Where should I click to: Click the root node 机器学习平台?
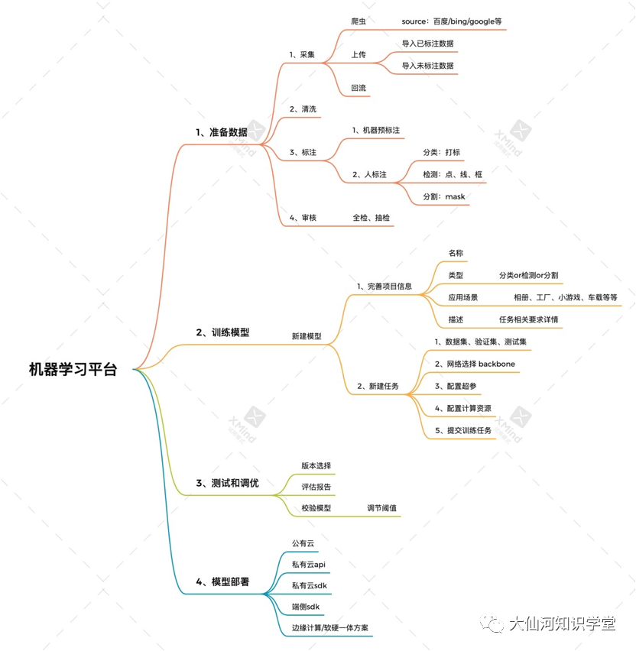(x=73, y=370)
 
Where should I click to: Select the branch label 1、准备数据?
(x=222, y=132)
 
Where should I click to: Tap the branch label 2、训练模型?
(x=222, y=332)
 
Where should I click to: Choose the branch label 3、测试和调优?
(x=227, y=483)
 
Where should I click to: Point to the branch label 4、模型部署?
(x=222, y=582)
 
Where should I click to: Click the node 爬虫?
(x=358, y=21)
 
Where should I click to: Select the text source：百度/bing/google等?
(x=451, y=21)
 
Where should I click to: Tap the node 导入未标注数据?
(x=427, y=66)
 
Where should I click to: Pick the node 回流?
(x=358, y=88)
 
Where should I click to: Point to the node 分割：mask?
(x=443, y=197)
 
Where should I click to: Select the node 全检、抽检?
(x=371, y=218)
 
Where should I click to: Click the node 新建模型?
(x=307, y=336)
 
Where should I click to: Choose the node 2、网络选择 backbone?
(x=477, y=364)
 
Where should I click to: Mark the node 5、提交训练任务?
(x=463, y=430)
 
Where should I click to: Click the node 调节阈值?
(x=381, y=508)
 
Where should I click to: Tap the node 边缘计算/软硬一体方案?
(x=329, y=627)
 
